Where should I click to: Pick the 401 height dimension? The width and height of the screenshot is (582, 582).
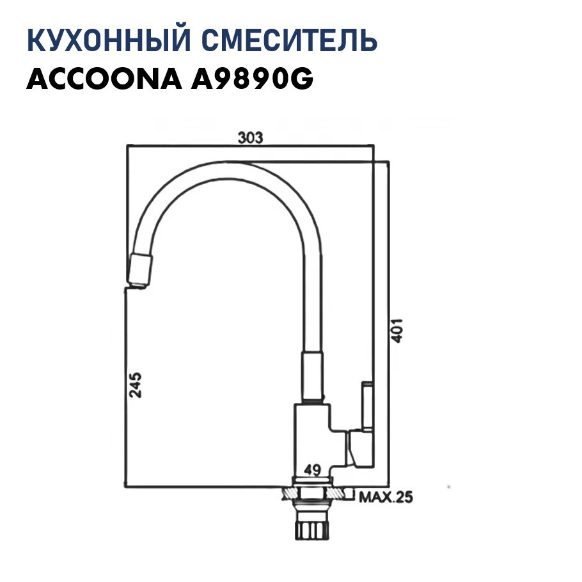click(397, 331)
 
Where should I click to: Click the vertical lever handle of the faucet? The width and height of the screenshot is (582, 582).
click(368, 405)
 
